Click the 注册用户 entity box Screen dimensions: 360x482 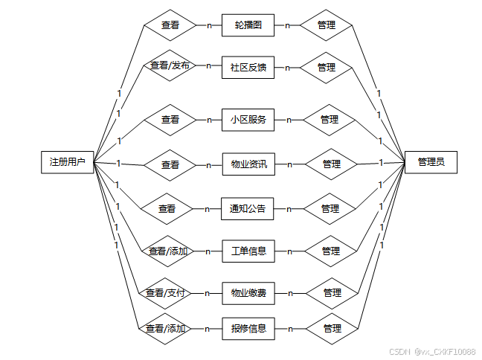67,161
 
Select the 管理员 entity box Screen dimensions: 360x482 431,161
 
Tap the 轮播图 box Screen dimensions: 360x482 248,25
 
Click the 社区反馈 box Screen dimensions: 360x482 248,67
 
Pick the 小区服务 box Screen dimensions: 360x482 248,119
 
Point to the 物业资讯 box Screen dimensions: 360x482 248,164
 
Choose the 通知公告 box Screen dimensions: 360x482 248,209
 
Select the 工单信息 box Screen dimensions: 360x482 248,251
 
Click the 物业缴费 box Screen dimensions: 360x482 248,293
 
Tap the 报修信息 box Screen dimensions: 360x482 248,328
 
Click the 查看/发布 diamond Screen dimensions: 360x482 170,66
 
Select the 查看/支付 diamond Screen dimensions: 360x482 165,293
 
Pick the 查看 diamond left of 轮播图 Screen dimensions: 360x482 170,25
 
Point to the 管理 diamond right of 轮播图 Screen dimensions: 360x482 326,25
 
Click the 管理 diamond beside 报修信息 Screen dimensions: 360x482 332,328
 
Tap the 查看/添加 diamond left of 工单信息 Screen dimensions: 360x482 167,251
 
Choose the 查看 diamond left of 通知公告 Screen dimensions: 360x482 167,209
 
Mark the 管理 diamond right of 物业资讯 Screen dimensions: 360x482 331,164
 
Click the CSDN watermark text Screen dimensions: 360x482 431,351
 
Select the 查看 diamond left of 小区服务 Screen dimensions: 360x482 170,119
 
